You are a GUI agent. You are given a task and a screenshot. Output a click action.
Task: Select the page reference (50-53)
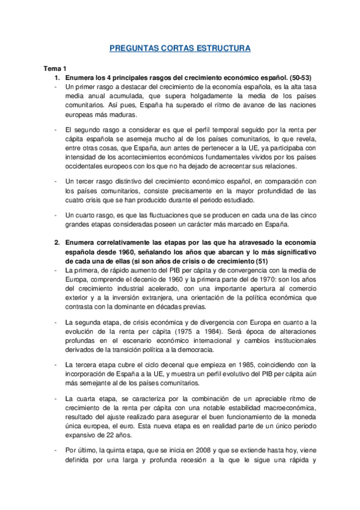coord(294,78)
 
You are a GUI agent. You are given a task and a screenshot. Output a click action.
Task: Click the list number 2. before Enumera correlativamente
coord(57,242)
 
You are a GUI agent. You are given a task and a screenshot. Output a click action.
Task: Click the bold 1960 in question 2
coord(140,251)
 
